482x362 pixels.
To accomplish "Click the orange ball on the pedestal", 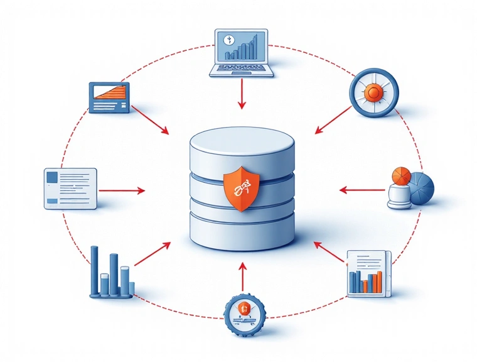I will click(400, 175).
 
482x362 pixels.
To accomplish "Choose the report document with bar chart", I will click(369, 273).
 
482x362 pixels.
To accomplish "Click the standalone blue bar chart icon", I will click(110, 273).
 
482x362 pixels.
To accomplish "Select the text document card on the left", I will click(70, 187).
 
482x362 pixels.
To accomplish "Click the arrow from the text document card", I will click(122, 189).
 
